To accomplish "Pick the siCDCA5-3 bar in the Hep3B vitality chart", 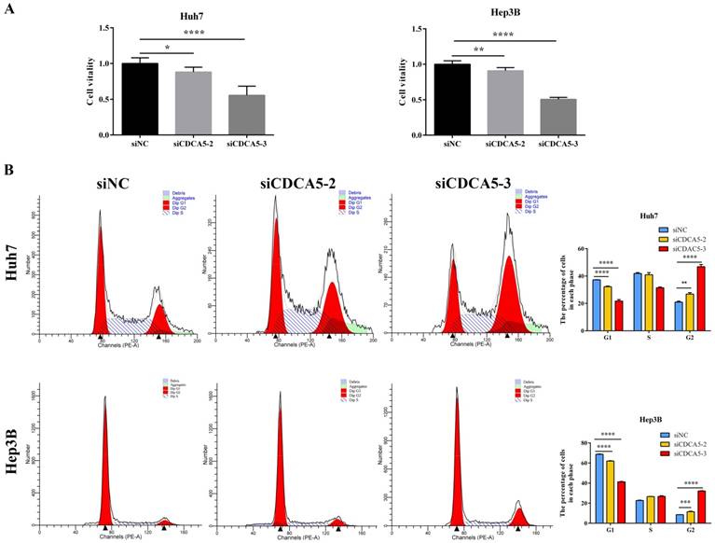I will pos(558,117).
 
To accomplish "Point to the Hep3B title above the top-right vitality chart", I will pos(505,15).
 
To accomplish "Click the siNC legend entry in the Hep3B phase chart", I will pos(678,435).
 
